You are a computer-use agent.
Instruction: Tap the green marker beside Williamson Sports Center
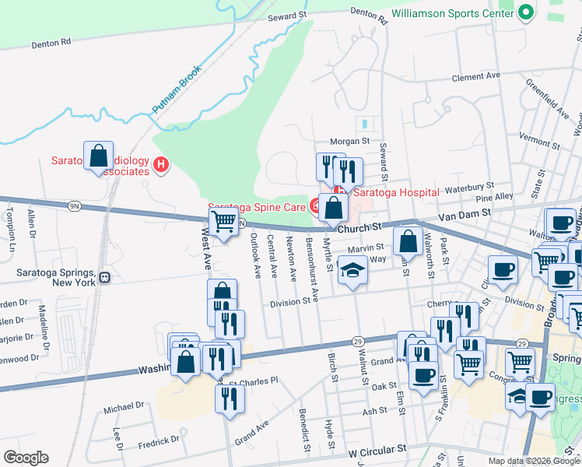coord(524,13)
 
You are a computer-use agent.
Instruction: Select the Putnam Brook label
coord(177,90)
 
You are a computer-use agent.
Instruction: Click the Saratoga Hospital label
coord(398,192)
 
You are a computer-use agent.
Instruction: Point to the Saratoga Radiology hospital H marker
coord(161,164)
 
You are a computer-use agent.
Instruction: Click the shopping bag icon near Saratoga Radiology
coord(99,156)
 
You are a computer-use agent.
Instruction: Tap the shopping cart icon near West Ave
coord(224,223)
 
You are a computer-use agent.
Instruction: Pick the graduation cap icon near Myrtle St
coord(352,272)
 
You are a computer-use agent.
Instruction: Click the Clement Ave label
coord(476,78)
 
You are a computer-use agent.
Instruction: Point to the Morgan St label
coord(349,142)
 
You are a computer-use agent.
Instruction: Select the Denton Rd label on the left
coord(51,44)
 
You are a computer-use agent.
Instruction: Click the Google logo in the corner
coord(26,458)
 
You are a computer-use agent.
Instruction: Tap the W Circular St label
coord(377,451)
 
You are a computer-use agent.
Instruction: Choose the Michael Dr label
coord(124,406)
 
